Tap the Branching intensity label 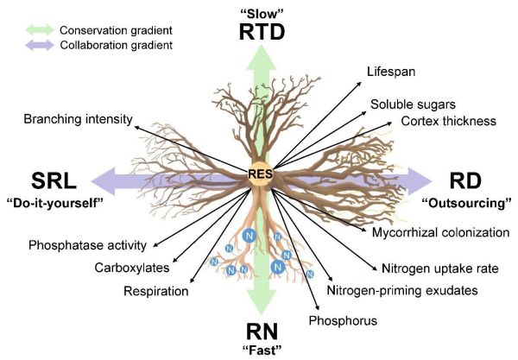coord(78,118)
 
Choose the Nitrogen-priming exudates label coord(402,290)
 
